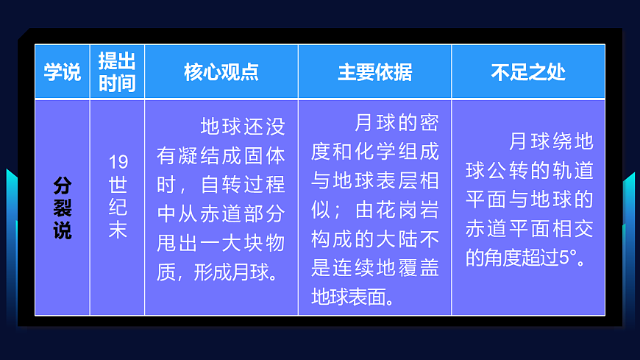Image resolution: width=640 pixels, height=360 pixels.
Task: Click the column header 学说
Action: [62, 72]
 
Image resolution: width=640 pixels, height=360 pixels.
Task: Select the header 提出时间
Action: [117, 72]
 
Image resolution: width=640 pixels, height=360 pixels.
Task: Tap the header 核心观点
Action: [221, 72]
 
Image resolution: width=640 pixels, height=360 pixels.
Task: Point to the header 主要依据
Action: [374, 72]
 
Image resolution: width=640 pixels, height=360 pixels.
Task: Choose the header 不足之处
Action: [527, 72]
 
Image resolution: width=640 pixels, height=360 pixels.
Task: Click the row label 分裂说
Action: [63, 208]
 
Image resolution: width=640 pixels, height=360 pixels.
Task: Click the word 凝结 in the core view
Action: [199, 156]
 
